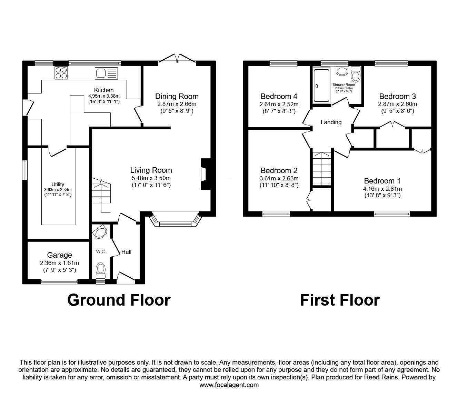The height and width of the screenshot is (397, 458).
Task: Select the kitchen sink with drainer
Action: coord(107,73)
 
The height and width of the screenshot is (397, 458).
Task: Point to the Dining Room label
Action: coord(177,96)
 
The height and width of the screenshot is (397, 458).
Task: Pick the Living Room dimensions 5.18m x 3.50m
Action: coord(151,178)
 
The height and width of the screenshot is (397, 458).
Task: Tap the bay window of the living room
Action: coord(176,221)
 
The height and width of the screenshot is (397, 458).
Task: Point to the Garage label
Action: coord(60,255)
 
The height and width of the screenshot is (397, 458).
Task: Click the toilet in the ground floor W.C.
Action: coord(100,269)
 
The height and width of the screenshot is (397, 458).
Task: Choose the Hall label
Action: coord(126,252)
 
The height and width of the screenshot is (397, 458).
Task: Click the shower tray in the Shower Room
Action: coord(321,85)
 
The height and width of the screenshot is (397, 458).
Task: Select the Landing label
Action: coord(331,122)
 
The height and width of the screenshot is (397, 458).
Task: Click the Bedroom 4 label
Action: coord(279,96)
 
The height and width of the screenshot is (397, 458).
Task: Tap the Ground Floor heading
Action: coord(119,300)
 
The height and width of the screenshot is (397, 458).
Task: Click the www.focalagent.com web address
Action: coord(229,385)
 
